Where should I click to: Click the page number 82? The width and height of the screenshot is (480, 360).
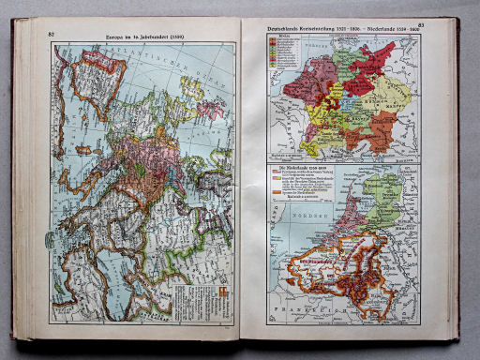click(50, 32)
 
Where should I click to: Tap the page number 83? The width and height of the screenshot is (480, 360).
click(420, 25)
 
